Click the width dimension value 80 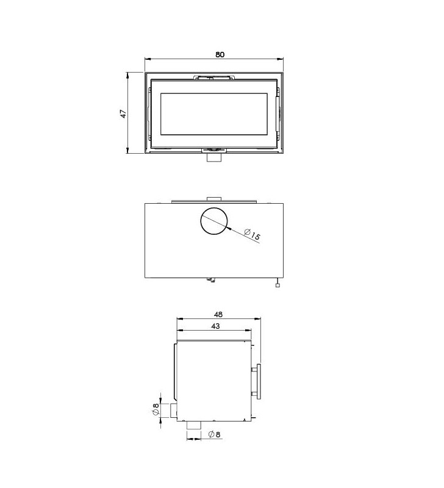[x=220, y=54]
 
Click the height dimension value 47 [x=124, y=113]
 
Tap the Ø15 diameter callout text [x=252, y=234]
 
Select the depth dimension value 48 [x=218, y=314]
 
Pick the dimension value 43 [x=215, y=326]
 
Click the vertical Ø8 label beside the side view [x=156, y=409]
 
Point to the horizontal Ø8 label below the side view [x=214, y=434]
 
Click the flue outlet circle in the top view [x=214, y=221]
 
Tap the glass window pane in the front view [x=213, y=114]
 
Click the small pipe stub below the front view [x=214, y=157]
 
